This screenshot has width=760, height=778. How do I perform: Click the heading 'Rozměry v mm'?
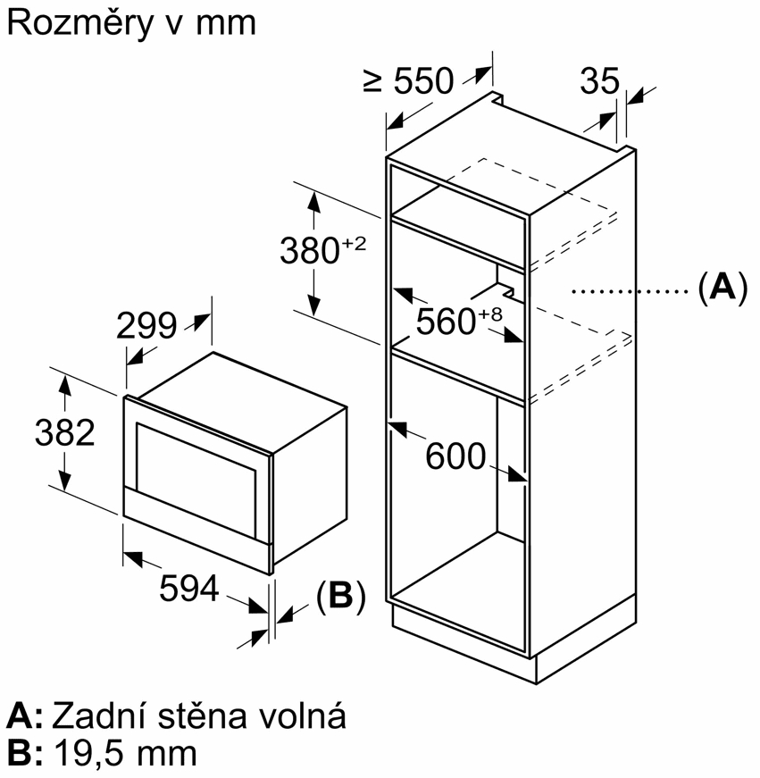pos(130,23)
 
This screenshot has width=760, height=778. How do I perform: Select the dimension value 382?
pos(64,433)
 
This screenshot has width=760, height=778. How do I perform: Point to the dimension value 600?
pos(455,456)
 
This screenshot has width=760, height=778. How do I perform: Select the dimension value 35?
pos(599,81)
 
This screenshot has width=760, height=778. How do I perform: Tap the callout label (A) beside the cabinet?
pos(720,289)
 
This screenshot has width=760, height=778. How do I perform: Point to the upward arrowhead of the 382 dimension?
pos(64,384)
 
